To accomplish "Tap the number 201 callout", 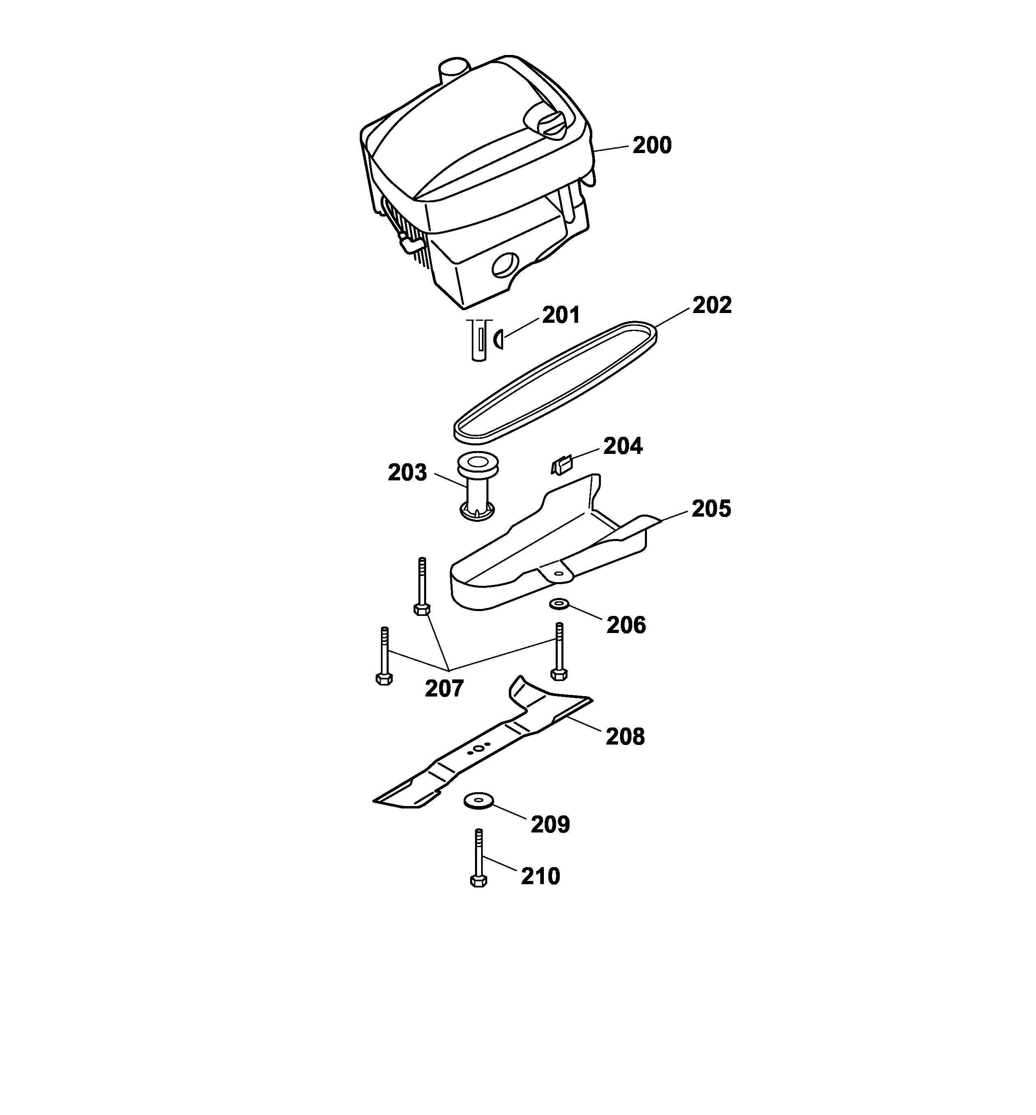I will (561, 315).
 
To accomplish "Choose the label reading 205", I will (711, 509).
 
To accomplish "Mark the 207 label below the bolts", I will (444, 689).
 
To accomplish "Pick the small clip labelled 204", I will (562, 465).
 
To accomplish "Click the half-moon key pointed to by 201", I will (498, 340).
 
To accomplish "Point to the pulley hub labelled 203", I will (477, 487).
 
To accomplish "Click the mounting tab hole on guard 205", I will (556, 574).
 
